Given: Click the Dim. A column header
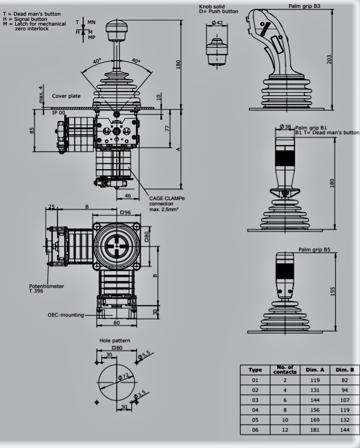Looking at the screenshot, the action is (315, 370).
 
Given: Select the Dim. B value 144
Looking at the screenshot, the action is (345, 430).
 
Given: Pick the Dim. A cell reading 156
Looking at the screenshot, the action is (315, 410).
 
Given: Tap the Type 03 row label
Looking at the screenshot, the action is (255, 400).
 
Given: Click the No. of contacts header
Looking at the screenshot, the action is (285, 370).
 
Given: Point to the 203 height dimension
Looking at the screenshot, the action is (329, 60).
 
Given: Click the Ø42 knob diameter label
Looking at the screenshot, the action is (217, 22).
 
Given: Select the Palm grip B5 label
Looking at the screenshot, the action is (314, 250).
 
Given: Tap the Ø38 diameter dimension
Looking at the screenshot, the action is (285, 126).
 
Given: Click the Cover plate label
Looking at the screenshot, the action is (66, 96).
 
